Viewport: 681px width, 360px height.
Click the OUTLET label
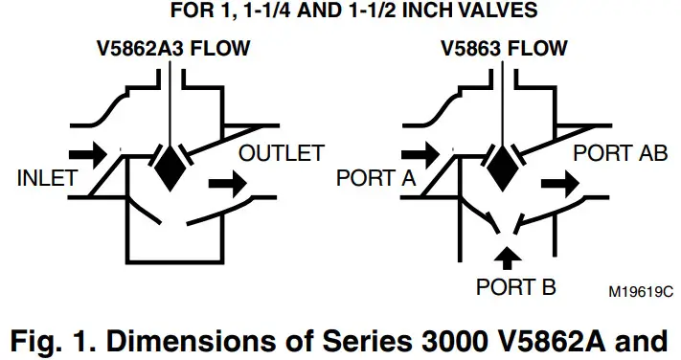pos(282,153)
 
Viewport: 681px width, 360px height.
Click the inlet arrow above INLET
pos(86,152)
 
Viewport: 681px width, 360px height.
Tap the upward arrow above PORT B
pos(510,256)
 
